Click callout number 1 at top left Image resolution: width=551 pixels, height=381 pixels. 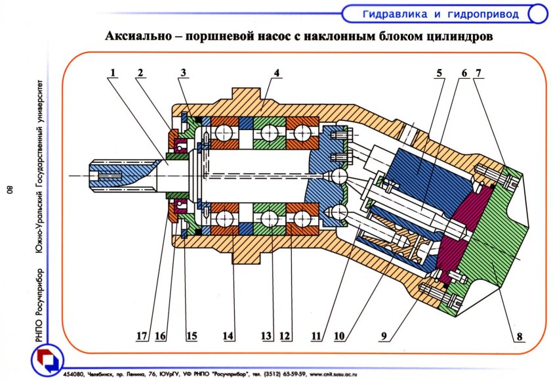pyautogui.click(x=113, y=74)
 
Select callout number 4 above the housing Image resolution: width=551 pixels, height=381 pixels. pyautogui.click(x=278, y=74)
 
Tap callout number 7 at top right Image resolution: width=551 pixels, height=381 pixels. pyautogui.click(x=480, y=74)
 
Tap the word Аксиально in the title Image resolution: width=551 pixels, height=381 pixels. pyautogui.click(x=140, y=37)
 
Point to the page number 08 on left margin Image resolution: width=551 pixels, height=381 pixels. pyautogui.click(x=10, y=190)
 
